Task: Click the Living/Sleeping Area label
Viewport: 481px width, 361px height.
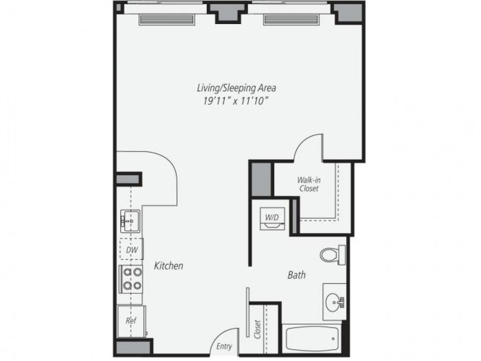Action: click(236, 87)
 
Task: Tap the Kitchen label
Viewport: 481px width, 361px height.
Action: click(169, 266)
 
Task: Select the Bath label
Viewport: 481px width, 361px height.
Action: click(297, 275)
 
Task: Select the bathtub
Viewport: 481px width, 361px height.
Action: click(311, 339)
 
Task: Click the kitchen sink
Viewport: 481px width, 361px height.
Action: click(129, 220)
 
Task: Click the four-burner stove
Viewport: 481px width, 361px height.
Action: click(132, 279)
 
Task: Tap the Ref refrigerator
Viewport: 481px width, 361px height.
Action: click(131, 321)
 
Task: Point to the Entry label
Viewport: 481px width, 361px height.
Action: click(224, 346)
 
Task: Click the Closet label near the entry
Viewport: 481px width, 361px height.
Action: click(258, 329)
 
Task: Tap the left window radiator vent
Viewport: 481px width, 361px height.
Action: click(166, 19)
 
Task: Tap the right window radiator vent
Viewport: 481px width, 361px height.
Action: click(291, 19)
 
